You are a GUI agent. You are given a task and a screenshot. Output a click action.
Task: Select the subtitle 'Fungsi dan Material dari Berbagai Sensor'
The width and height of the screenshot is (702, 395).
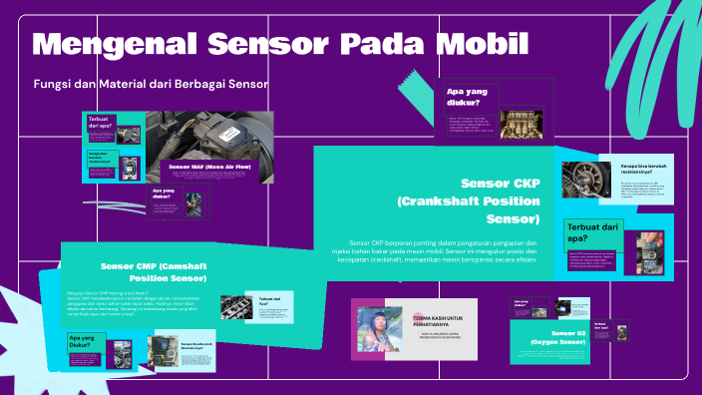pyautogui.click(x=151, y=84)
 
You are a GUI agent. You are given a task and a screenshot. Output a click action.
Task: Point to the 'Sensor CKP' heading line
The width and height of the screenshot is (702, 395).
pyautogui.click(x=500, y=184)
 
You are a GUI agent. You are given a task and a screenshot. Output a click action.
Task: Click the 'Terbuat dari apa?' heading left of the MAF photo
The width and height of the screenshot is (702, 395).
pyautogui.click(x=100, y=125)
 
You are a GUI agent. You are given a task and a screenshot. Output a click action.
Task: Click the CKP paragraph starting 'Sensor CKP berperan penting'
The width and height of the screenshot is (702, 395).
pyautogui.click(x=443, y=251)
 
